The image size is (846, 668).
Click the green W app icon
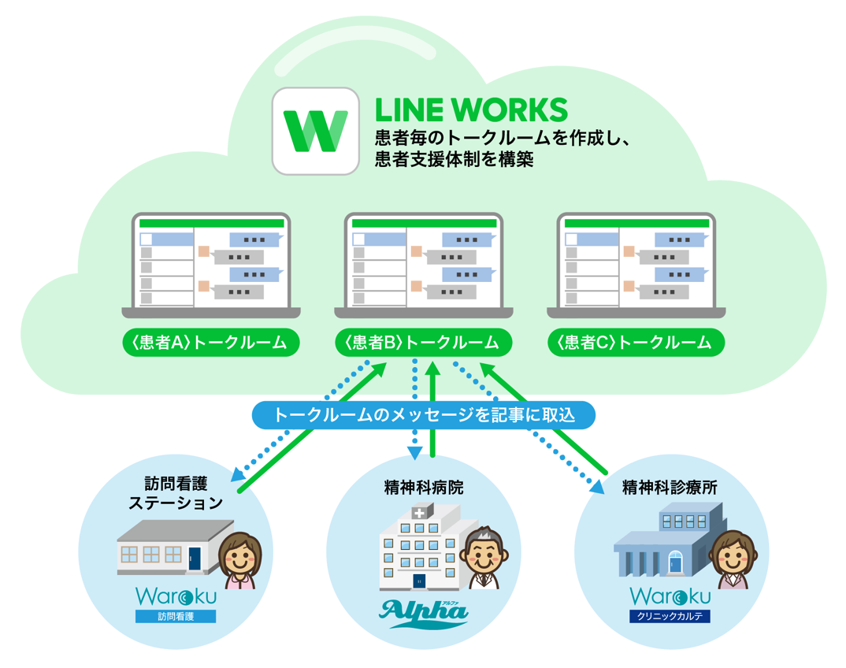pos(314,131)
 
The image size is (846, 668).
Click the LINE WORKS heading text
pos(470,109)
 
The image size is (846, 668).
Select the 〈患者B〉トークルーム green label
pos(423,343)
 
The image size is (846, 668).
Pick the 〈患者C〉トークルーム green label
pos(636,343)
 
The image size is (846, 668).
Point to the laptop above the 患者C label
pos(636,264)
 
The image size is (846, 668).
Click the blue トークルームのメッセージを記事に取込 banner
pos(423,414)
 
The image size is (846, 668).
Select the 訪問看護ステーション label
pos(175,492)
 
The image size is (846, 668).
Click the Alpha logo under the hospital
pos(424,612)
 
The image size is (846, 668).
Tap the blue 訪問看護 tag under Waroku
pos(175,617)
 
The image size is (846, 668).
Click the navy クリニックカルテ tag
pos(670,617)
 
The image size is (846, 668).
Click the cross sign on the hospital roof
pos(418,513)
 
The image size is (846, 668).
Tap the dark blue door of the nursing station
pos(194,559)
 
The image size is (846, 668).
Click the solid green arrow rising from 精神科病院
pos(432,410)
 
